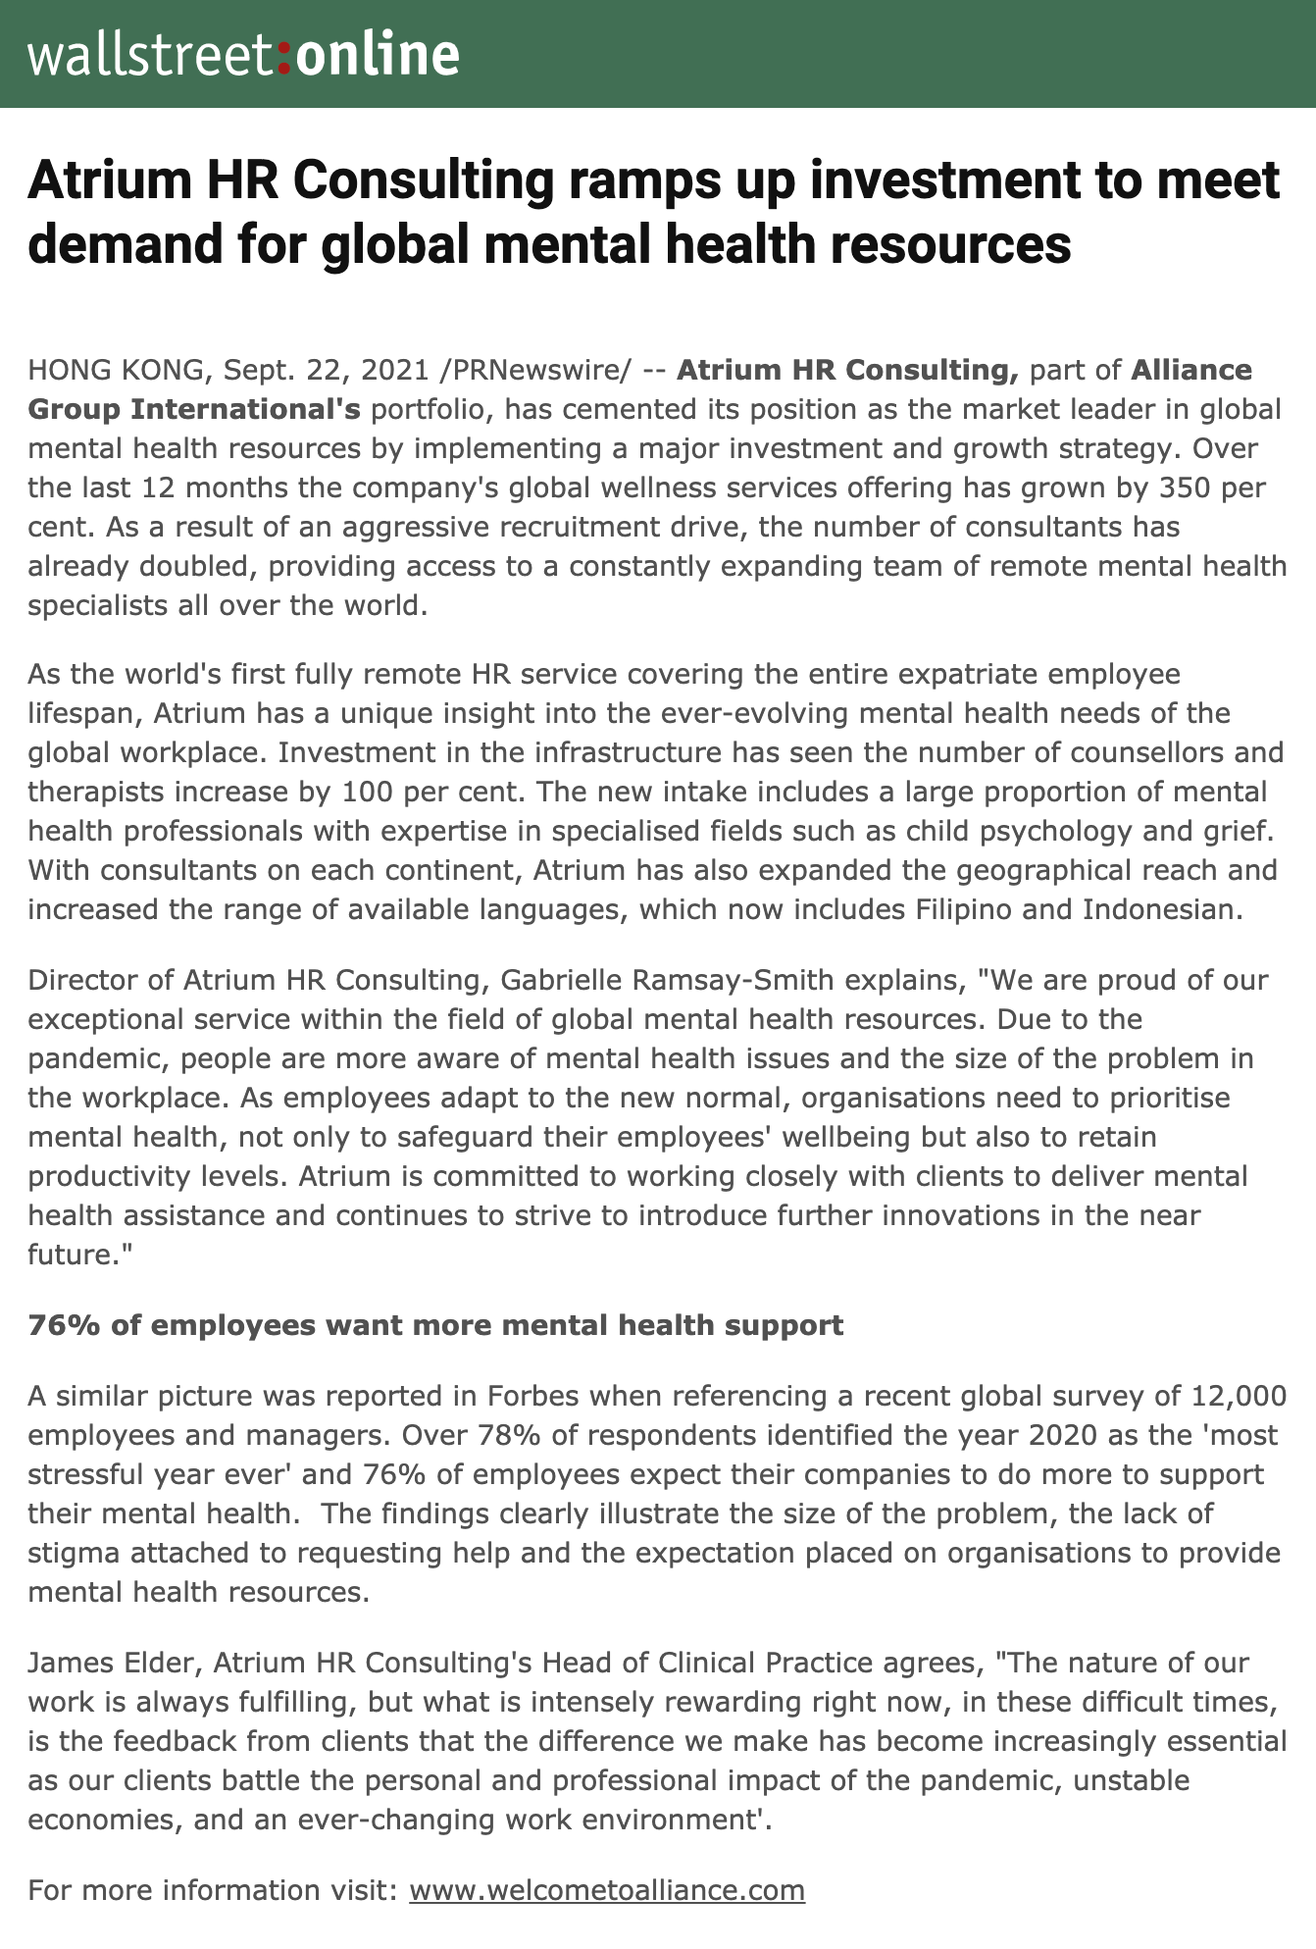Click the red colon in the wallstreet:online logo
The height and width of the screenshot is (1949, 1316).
[284, 58]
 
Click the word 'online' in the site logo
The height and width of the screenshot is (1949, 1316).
[377, 55]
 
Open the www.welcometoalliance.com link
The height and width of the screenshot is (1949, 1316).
[606, 1890]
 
